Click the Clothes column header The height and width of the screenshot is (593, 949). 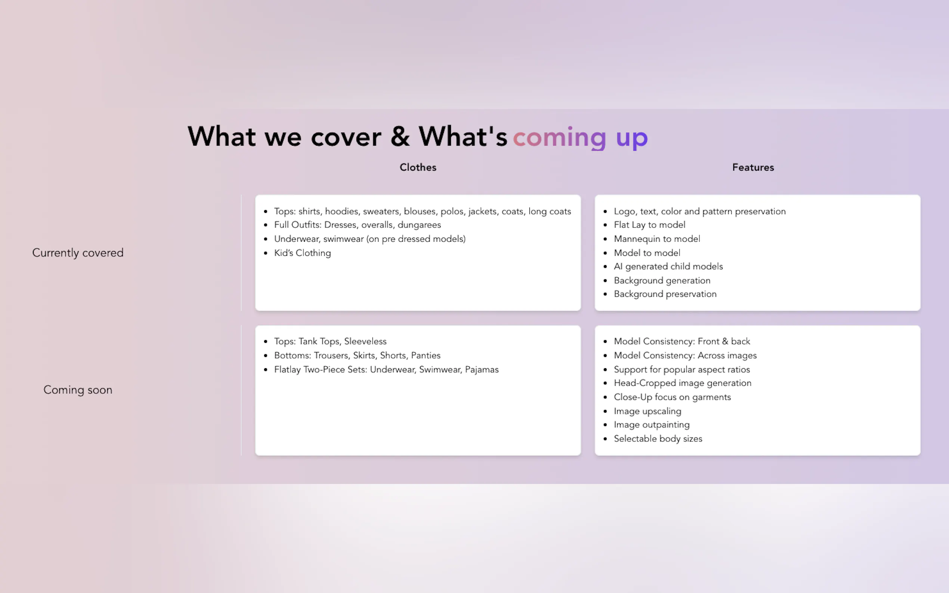[x=418, y=167]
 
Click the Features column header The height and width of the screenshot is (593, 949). [x=753, y=167]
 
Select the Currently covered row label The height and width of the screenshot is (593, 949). [x=78, y=253]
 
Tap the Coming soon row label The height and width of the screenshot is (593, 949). [x=78, y=390]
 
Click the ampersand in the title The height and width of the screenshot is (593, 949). [x=400, y=136]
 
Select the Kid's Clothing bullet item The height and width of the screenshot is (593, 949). [x=303, y=253]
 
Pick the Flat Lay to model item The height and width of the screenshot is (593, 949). [x=649, y=225]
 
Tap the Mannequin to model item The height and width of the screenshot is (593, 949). [x=657, y=239]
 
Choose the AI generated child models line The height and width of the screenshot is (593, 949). [x=668, y=267]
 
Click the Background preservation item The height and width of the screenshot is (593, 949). [x=665, y=294]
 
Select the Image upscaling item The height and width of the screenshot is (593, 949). [x=647, y=412]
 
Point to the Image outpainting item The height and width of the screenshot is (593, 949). [x=652, y=425]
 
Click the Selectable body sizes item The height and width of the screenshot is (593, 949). [x=658, y=439]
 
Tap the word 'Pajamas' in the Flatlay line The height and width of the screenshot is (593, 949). [x=482, y=370]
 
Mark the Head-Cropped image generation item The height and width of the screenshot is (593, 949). [x=683, y=383]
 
